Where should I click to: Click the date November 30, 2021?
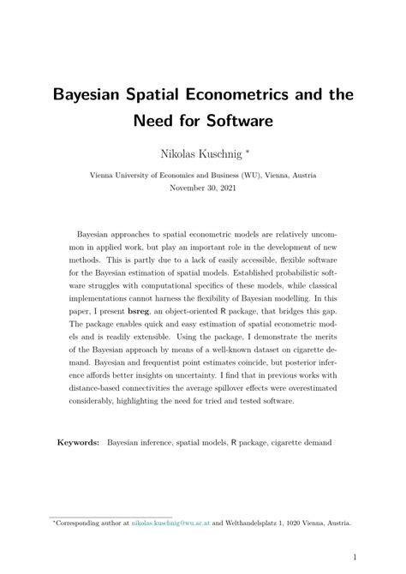(203, 186)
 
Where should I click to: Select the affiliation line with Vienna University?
(203, 173)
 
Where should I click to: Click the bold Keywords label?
(78, 444)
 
